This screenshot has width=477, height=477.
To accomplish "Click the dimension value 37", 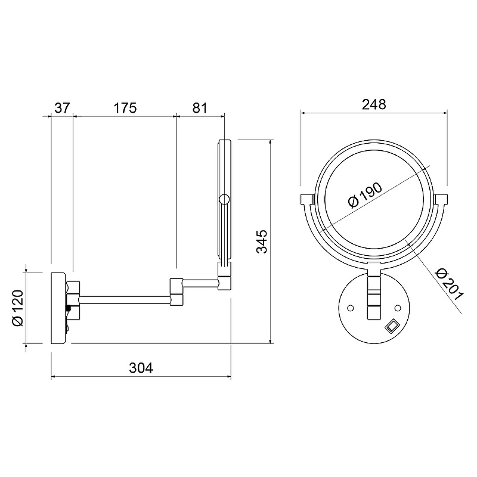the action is [63, 108].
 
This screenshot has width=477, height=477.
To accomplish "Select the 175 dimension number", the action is [125, 108].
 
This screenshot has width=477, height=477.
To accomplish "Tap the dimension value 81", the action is [200, 108].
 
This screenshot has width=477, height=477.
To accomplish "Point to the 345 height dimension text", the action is [262, 241].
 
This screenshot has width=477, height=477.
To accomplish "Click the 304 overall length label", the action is [141, 368].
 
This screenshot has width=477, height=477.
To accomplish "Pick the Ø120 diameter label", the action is [18, 308].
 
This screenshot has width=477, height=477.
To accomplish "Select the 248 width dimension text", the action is [374, 104].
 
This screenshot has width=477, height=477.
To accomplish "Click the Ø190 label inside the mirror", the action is [365, 195].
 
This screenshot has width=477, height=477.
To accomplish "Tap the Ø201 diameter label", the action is [449, 284].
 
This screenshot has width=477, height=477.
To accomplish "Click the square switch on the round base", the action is [392, 326].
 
